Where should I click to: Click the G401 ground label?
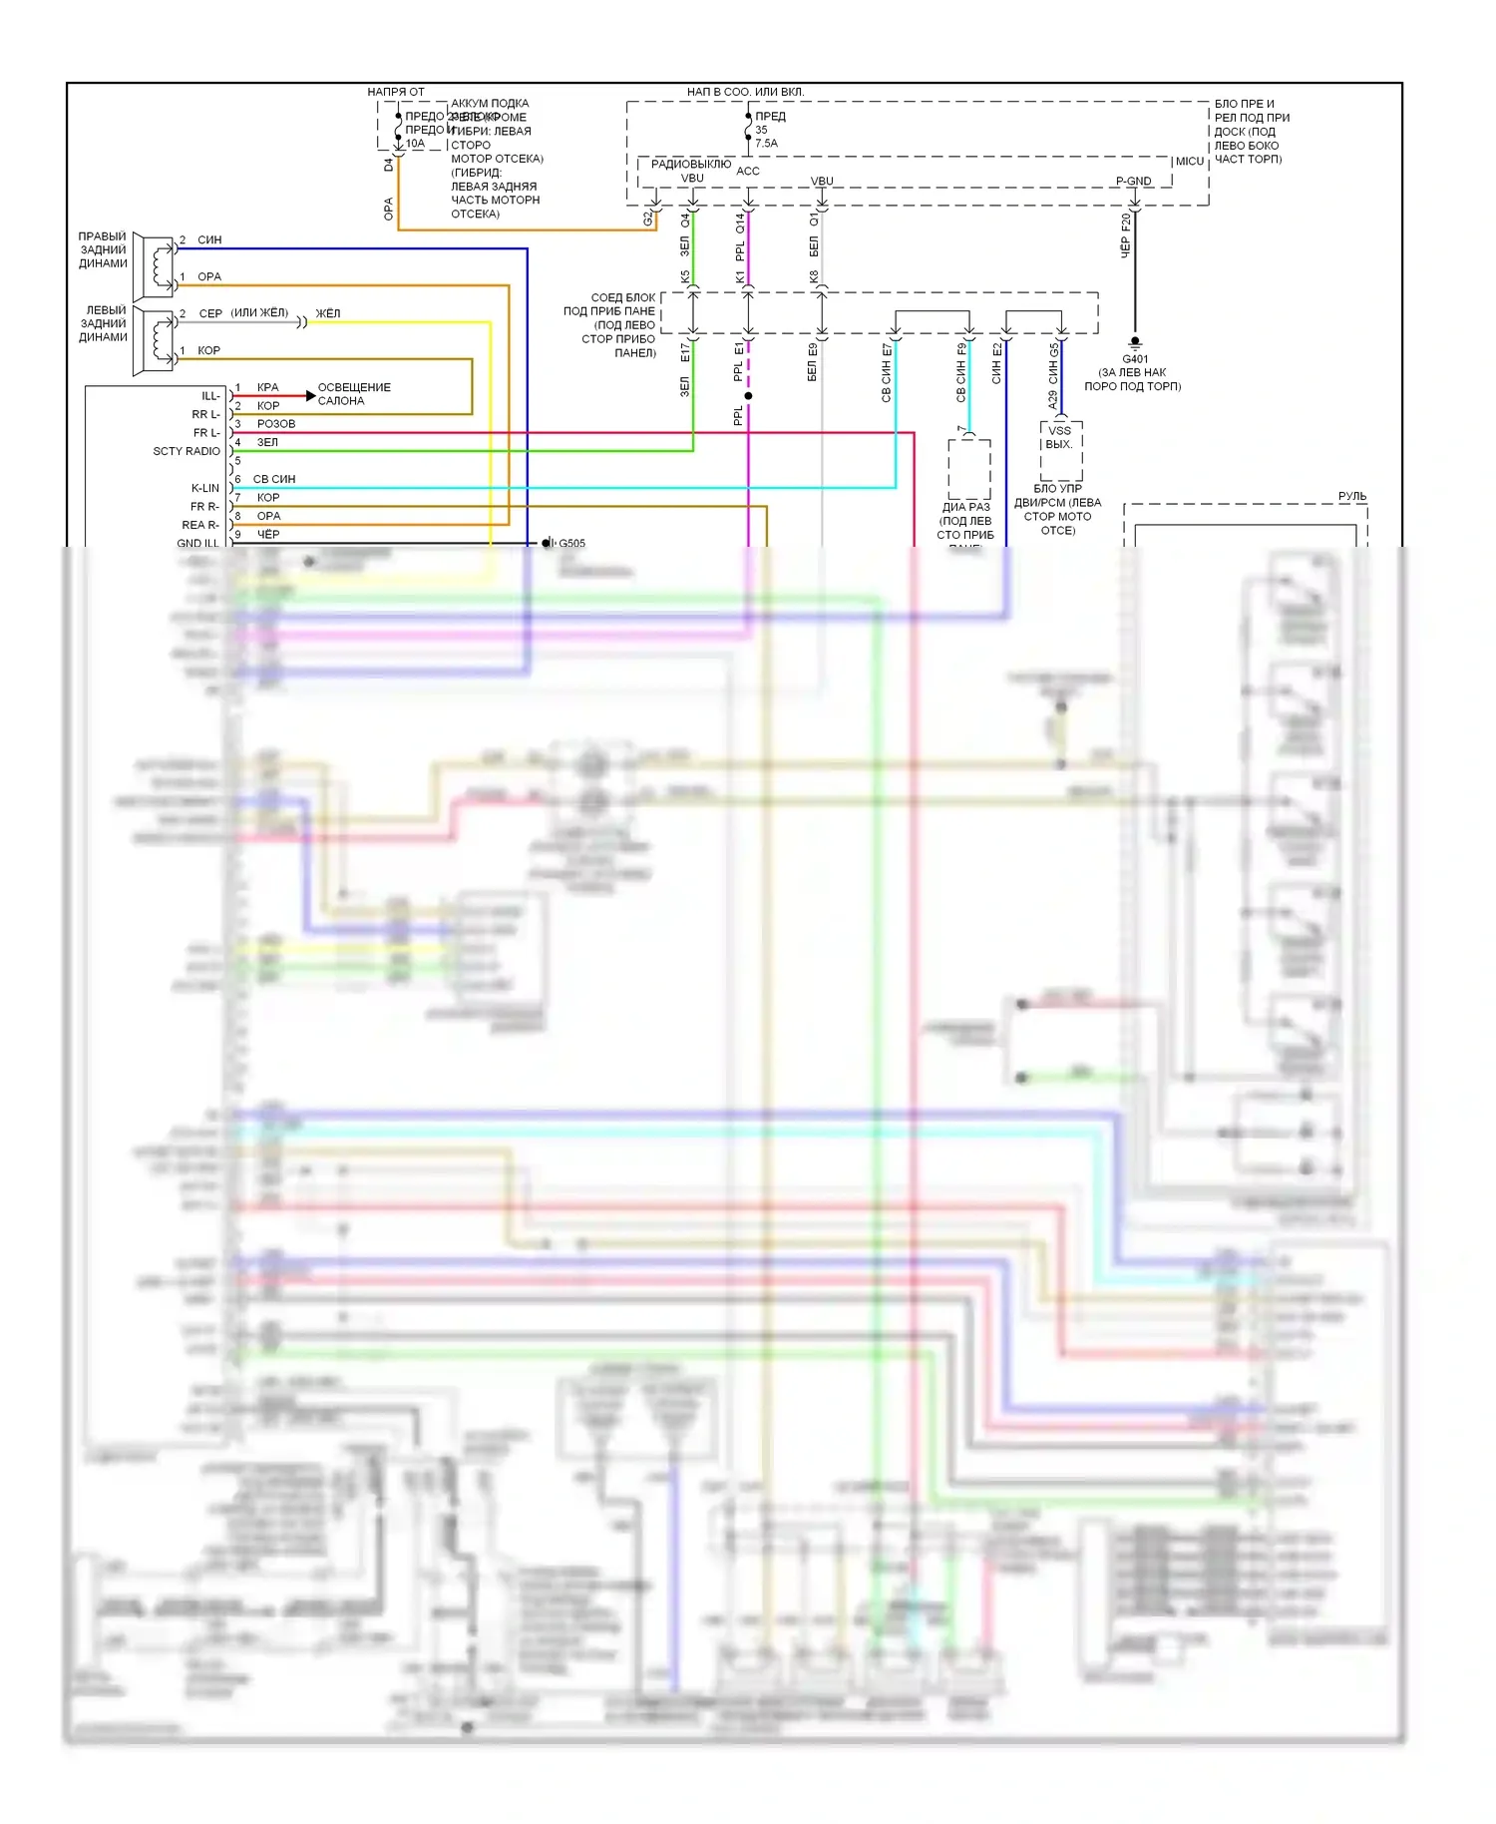click(x=1135, y=359)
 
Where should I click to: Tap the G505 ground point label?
click(x=571, y=544)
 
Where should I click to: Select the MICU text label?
click(x=1189, y=162)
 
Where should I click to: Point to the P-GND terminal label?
click(x=1133, y=182)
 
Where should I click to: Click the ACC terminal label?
click(x=748, y=172)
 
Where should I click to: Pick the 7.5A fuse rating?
click(x=766, y=144)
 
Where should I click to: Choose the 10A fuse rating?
click(x=415, y=144)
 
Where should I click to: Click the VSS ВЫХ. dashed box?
click(x=1060, y=449)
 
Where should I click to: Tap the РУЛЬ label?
click(x=1352, y=497)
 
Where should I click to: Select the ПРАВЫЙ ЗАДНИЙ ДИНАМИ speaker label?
click(x=103, y=250)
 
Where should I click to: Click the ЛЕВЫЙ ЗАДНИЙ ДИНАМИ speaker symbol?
click(x=156, y=341)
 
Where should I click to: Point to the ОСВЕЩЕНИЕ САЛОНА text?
click(x=354, y=394)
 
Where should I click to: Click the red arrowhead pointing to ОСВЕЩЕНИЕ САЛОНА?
click(x=310, y=397)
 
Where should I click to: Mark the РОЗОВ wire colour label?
click(x=276, y=424)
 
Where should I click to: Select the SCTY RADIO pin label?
click(x=187, y=452)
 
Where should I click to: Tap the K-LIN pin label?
click(x=205, y=489)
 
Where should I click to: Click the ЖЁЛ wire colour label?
click(x=328, y=314)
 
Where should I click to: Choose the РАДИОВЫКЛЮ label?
click(x=691, y=164)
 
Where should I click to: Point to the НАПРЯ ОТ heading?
click(x=396, y=92)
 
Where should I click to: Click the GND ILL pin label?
click(x=197, y=544)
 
